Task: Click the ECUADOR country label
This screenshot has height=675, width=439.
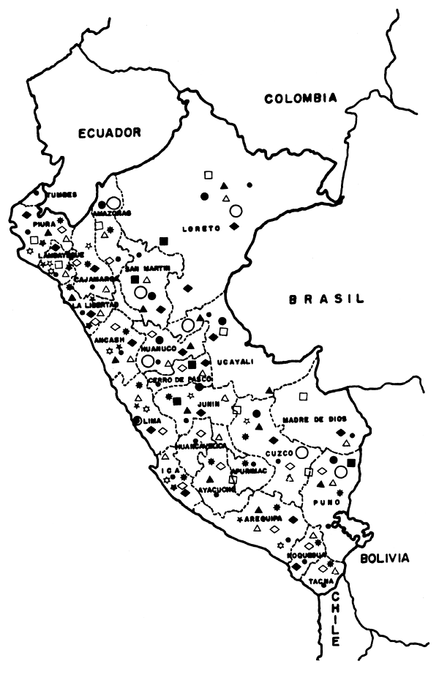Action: coord(110,133)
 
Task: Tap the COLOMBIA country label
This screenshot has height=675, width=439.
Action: coord(301,98)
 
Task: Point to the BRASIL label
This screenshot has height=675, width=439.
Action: coord(326,299)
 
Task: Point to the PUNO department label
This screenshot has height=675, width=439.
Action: coord(323,502)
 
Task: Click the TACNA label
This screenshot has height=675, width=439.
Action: coord(319,581)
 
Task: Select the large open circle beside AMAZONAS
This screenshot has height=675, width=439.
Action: coord(113,202)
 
